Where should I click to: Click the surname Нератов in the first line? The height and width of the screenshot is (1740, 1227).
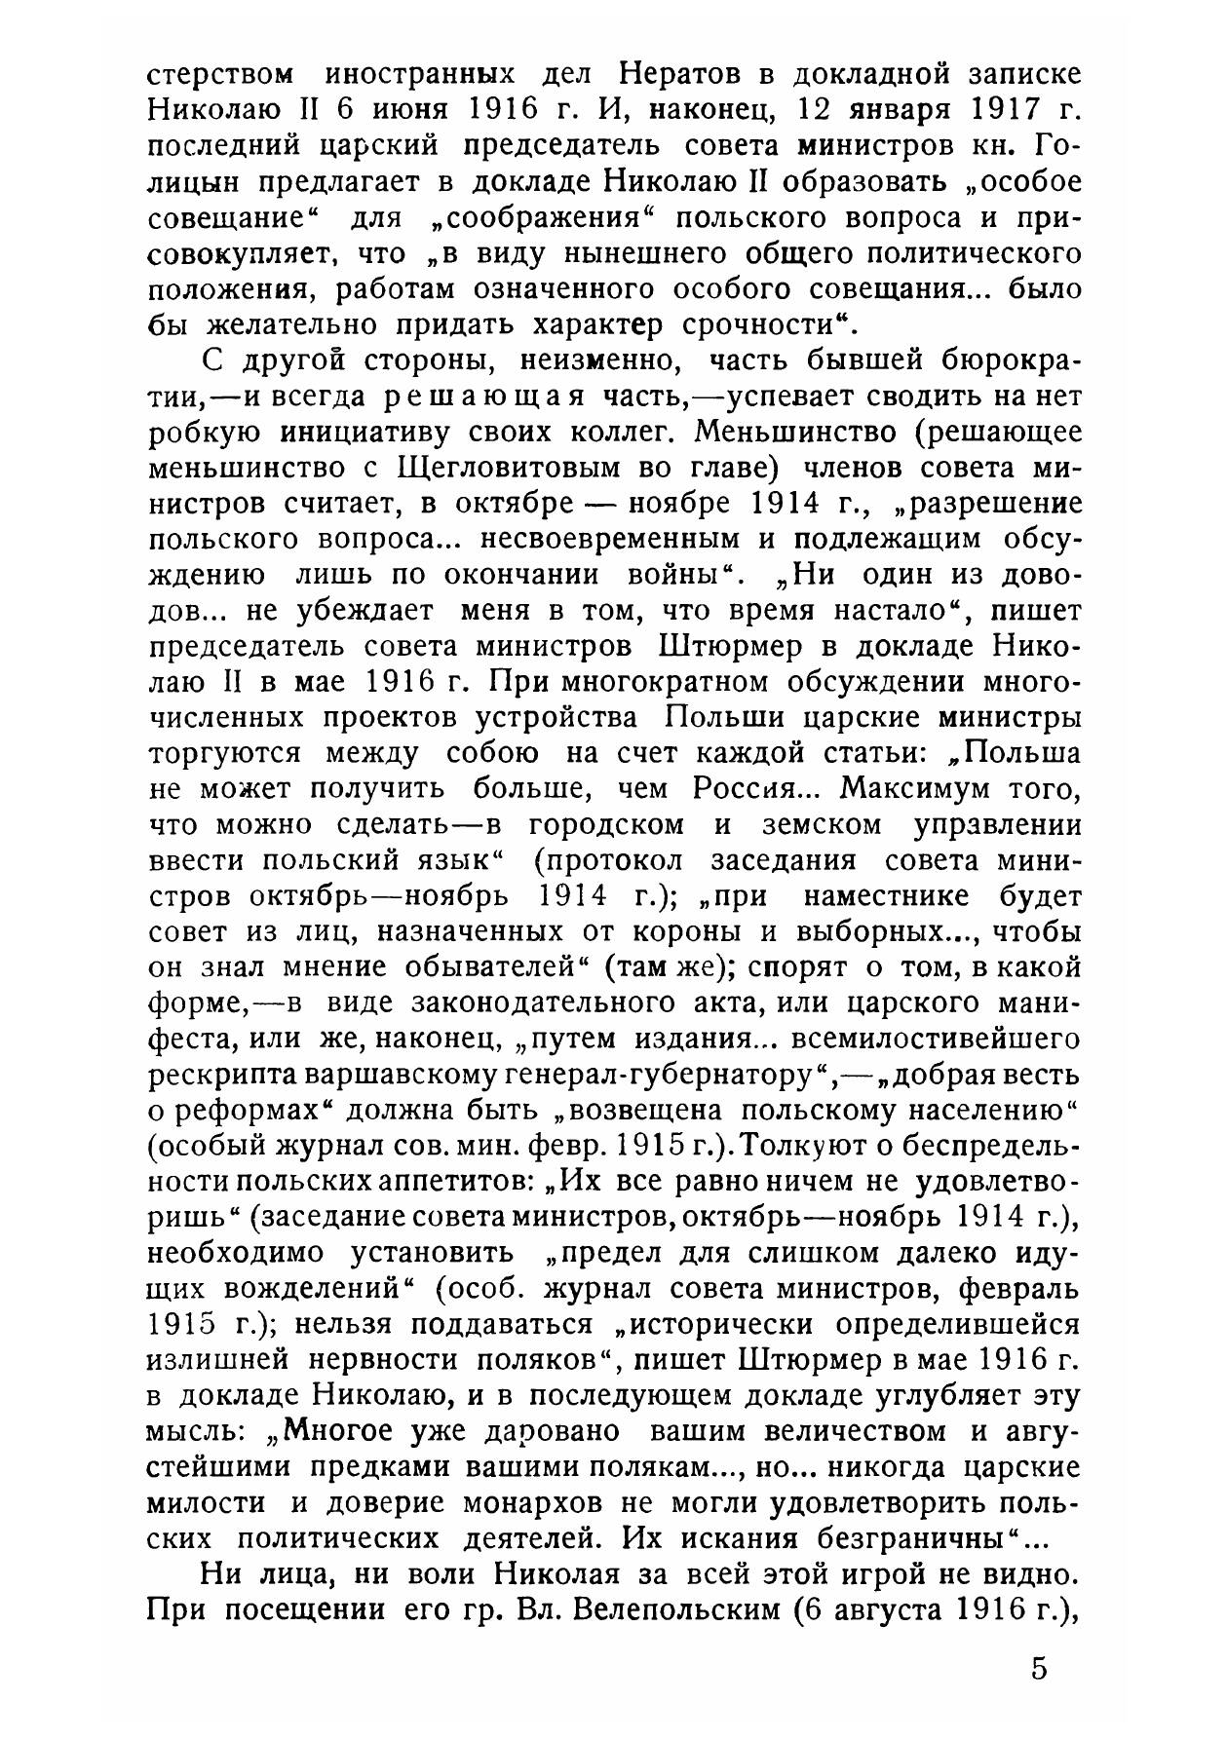point(690,75)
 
